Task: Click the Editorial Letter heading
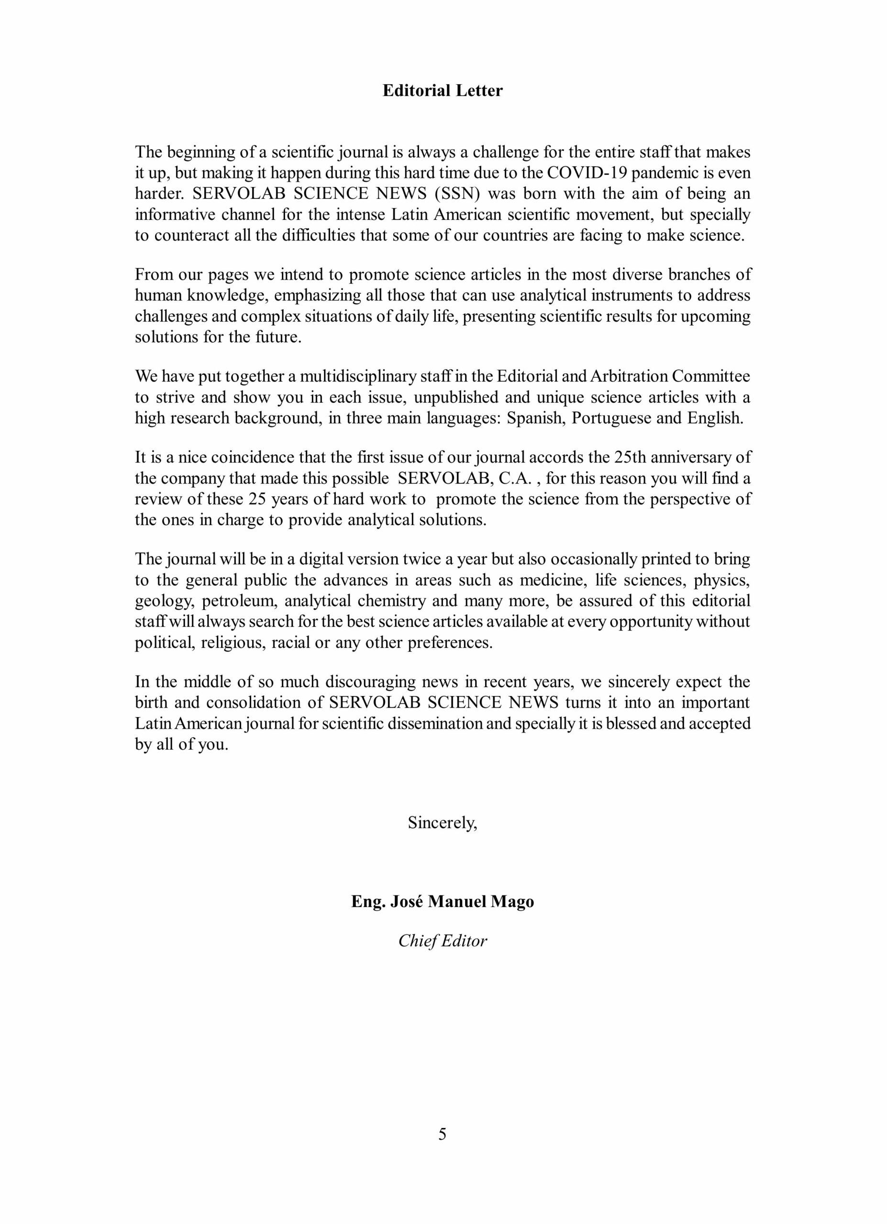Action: point(442,91)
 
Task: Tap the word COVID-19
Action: point(586,173)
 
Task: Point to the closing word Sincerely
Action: point(442,823)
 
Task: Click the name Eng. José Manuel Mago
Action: point(442,902)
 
